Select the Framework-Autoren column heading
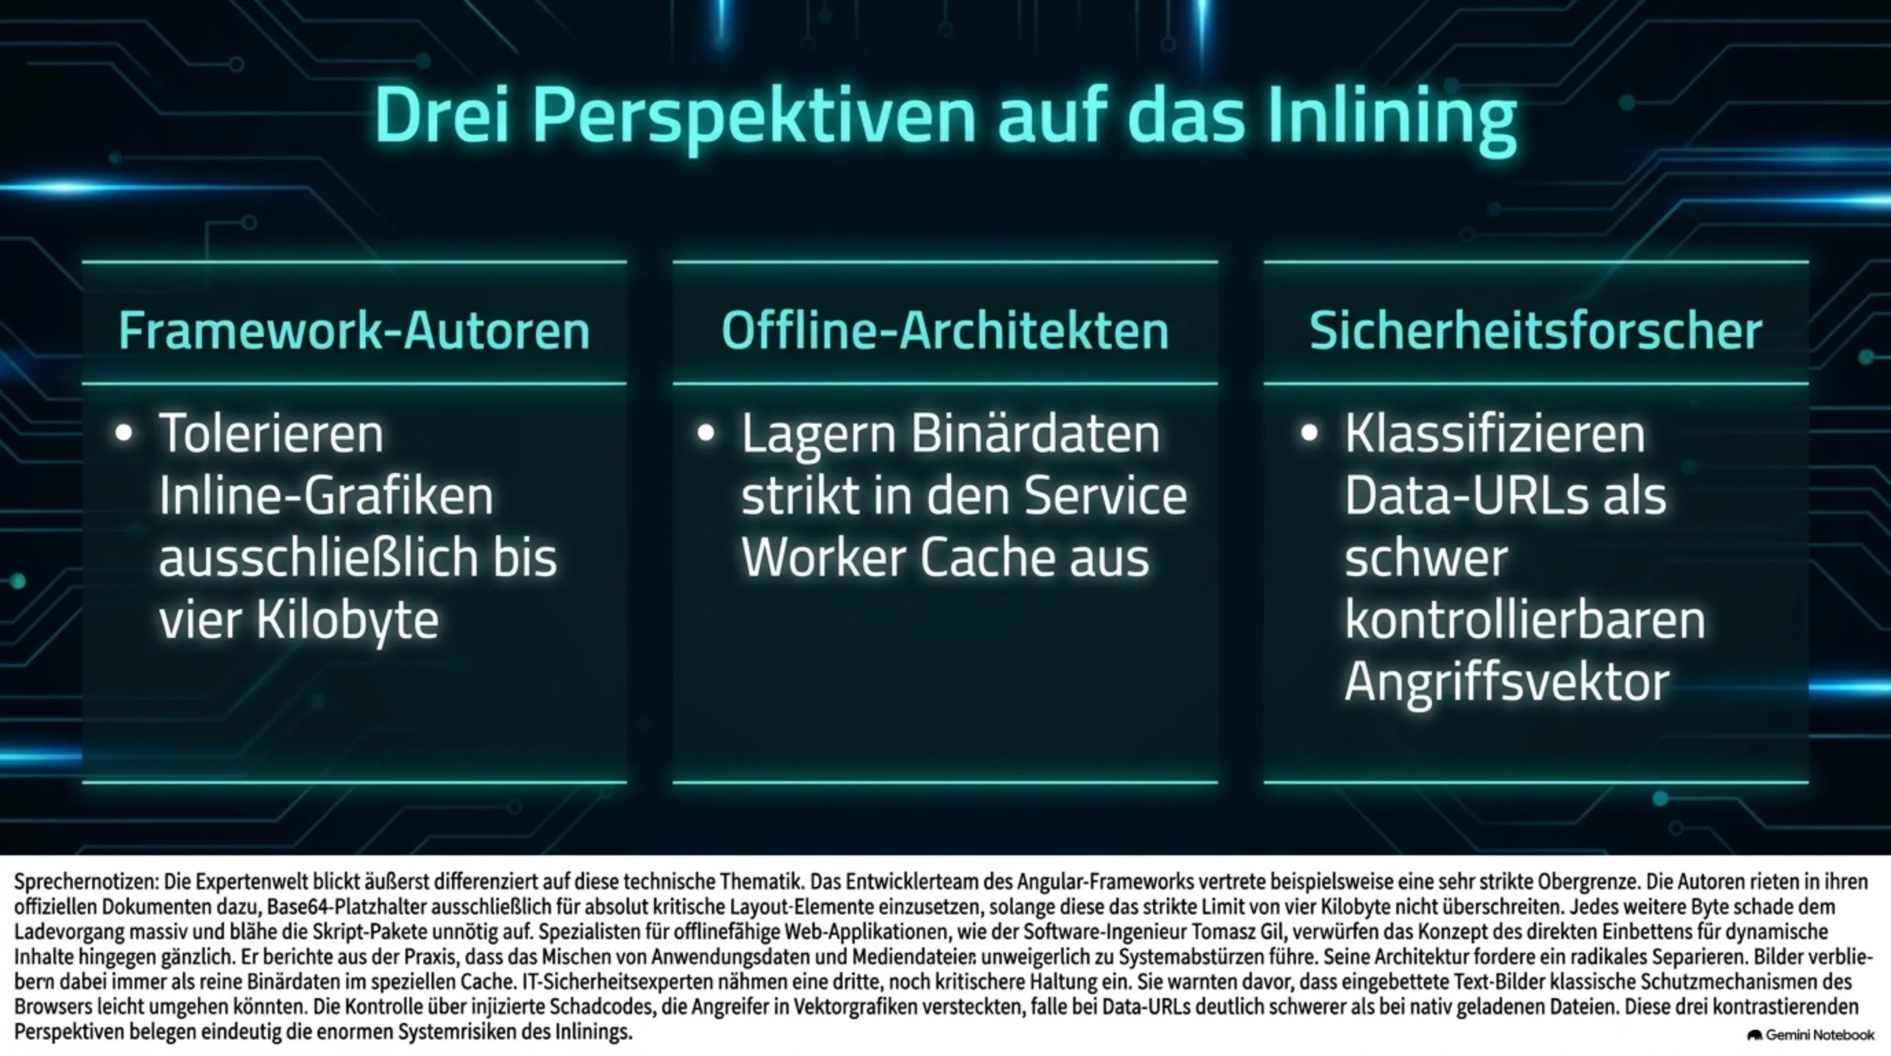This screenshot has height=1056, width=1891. [355, 331]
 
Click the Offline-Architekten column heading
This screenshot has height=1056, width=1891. [945, 331]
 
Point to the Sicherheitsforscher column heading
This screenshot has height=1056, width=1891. [1536, 331]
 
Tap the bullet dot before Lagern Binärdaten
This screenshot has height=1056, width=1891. [706, 433]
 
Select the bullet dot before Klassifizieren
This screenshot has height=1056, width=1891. [1310, 433]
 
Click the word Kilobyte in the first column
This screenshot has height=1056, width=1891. [347, 621]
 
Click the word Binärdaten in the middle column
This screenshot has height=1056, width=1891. [1035, 434]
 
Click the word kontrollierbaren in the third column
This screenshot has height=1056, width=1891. [1525, 621]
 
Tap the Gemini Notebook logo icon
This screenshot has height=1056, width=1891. [1755, 1035]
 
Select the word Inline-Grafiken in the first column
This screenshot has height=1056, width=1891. [326, 496]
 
